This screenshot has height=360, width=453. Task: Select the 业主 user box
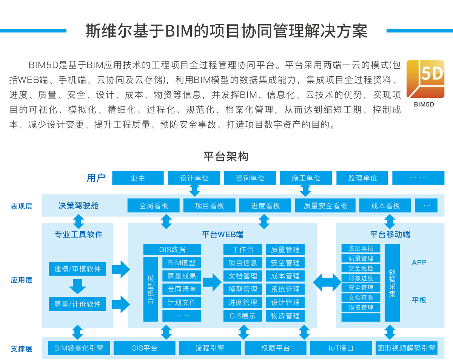click(138, 178)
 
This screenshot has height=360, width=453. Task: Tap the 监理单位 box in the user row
click(362, 178)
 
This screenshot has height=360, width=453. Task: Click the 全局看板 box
click(154, 206)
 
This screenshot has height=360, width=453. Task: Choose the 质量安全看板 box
click(325, 206)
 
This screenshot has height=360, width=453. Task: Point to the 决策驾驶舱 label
click(79, 205)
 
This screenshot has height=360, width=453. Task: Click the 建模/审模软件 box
click(77, 269)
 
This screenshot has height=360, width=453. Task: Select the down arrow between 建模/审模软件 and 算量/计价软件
click(77, 286)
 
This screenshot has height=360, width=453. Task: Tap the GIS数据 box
click(172, 250)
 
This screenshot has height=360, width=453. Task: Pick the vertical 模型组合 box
click(151, 289)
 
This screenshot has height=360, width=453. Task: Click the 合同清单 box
click(182, 289)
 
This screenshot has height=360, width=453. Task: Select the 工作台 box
click(242, 250)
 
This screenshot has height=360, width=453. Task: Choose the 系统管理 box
click(285, 289)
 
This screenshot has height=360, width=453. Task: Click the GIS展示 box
click(242, 316)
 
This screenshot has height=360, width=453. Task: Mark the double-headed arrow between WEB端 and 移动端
click(327, 282)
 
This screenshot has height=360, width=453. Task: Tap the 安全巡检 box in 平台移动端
click(361, 268)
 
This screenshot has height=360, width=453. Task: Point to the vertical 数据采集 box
click(392, 283)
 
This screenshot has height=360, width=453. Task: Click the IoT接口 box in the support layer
click(341, 348)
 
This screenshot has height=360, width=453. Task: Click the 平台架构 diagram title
click(226, 156)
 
